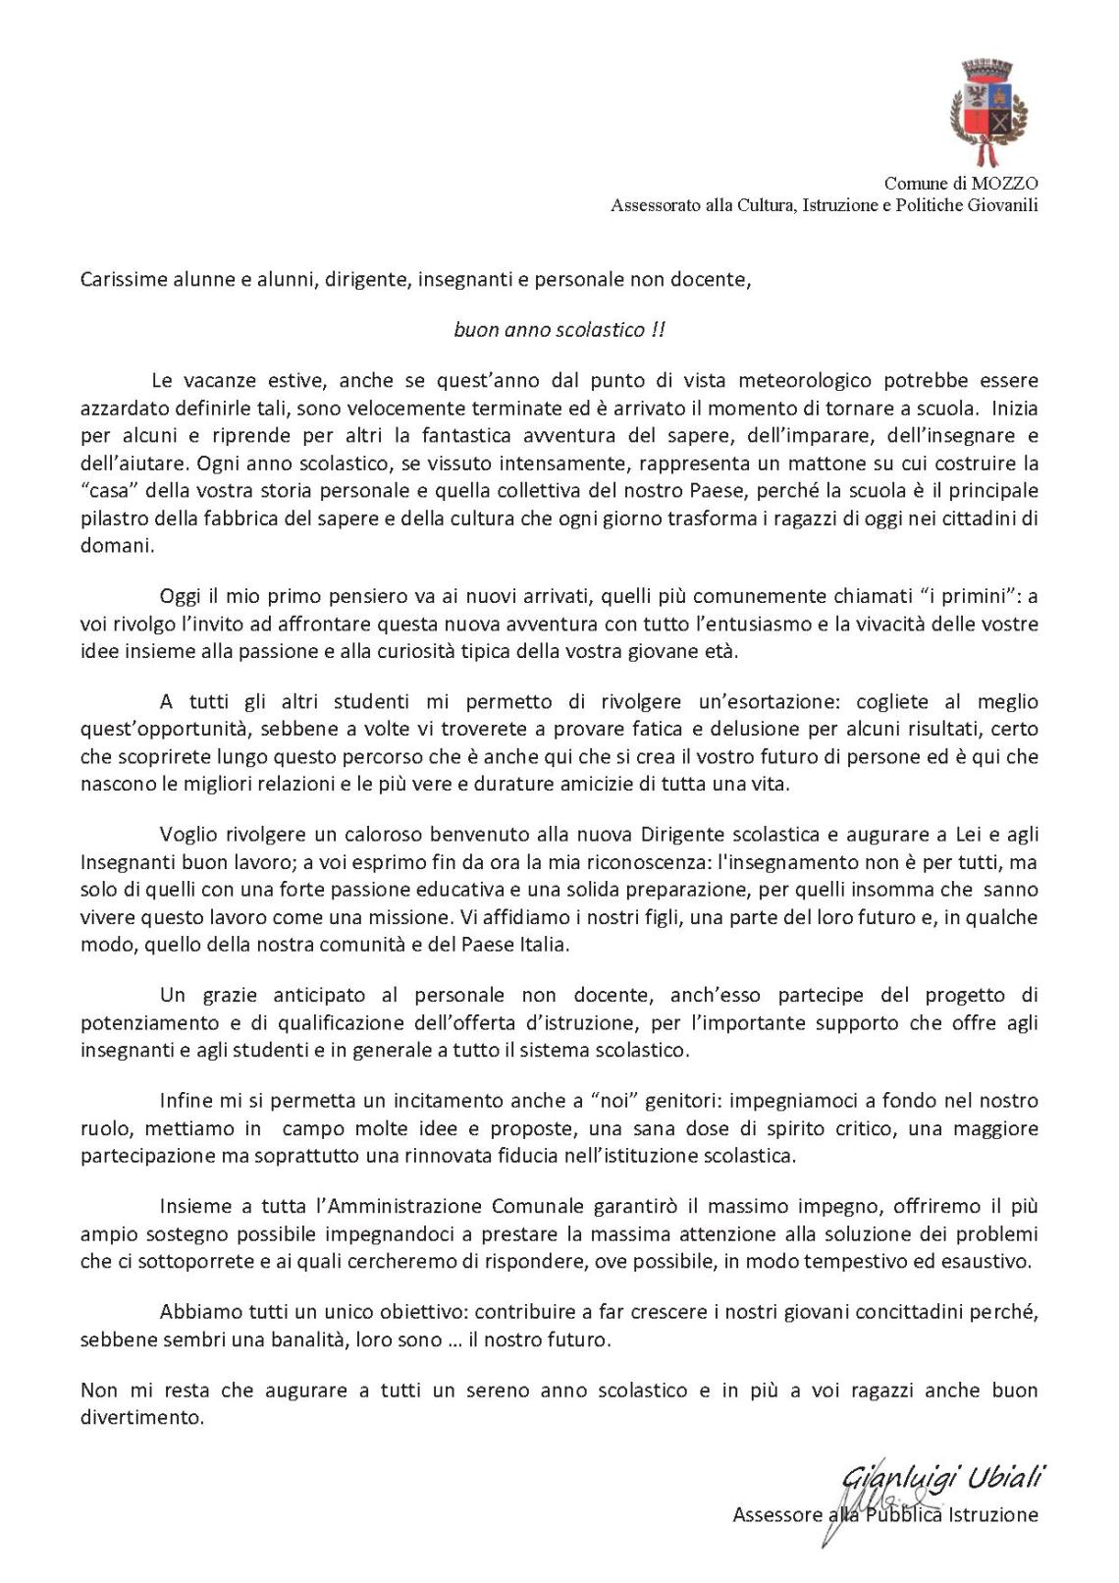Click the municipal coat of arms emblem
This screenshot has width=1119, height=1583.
[x=988, y=109]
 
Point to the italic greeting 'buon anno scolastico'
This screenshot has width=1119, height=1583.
[x=549, y=330]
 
